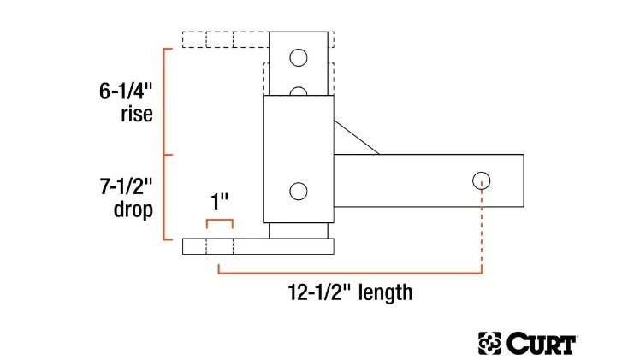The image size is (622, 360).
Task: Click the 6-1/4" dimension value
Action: tap(126, 91)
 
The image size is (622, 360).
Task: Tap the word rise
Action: tap(137, 114)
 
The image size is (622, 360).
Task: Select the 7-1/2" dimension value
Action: tap(126, 186)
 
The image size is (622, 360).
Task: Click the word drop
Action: tap(133, 209)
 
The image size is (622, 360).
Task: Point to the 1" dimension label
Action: tap(220, 204)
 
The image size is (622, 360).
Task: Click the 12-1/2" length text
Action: tap(349, 293)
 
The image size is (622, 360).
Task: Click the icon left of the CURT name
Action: tap(489, 344)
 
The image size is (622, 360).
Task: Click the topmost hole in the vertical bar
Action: tap(298, 58)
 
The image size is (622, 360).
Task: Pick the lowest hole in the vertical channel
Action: tap(298, 192)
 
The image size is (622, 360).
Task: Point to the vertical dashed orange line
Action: tap(482, 229)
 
